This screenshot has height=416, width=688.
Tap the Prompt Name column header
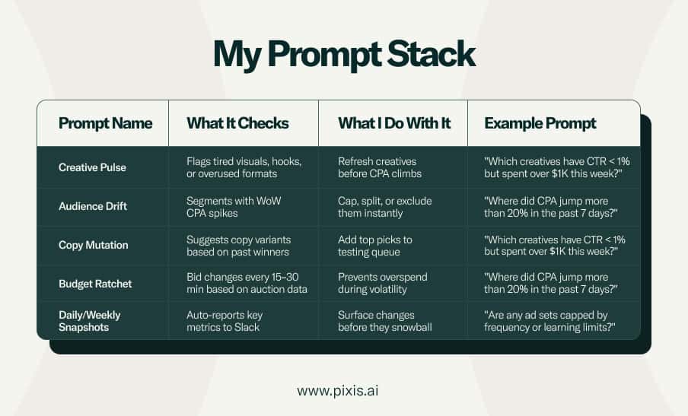pos(105,123)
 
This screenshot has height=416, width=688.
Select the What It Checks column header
pos(237,123)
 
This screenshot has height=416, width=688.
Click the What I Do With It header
pos(394,123)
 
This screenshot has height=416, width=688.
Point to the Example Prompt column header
pos(540,124)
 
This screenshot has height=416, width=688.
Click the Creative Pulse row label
pos(92,167)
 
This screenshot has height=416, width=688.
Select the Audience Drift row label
pos(93,206)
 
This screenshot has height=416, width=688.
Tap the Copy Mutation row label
pos(94,245)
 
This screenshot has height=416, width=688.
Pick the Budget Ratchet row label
pos(95,284)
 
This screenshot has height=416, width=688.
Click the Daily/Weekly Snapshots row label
pos(90,321)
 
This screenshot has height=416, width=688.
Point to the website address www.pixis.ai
pos(337,391)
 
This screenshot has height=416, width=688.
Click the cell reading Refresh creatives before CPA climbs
pos(380,167)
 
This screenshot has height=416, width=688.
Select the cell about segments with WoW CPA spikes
pos(234,207)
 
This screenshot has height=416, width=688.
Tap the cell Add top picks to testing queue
pos(374,246)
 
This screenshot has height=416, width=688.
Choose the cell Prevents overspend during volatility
pos(382,283)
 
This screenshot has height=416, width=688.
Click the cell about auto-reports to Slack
pos(225,321)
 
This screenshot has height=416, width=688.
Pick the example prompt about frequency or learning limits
pos(550,321)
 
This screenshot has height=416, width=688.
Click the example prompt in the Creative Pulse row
pos(557,167)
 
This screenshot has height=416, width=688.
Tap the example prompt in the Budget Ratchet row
pos(551,283)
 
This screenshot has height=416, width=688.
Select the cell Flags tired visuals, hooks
pos(244,167)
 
